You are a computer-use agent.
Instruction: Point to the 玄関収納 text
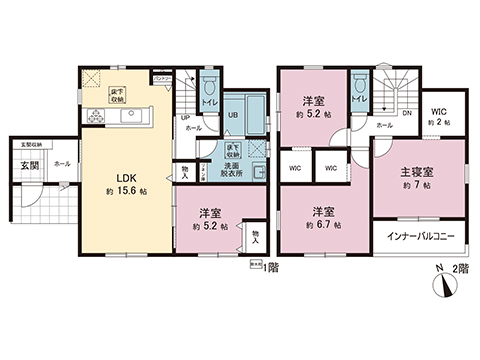(x=22, y=147)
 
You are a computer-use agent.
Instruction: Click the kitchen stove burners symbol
(x=96, y=115)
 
